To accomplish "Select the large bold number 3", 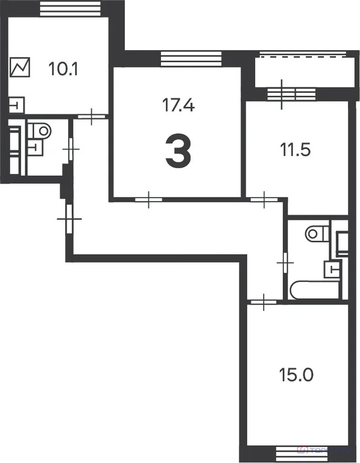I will tap(178, 152).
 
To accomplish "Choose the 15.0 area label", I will tap(295, 375).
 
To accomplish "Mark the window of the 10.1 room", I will tap(69, 8).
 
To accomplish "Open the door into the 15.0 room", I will tap(262, 301).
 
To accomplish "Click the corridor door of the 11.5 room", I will tap(262, 198).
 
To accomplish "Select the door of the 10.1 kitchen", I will tap(90, 115).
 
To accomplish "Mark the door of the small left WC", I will tap(71, 148).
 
